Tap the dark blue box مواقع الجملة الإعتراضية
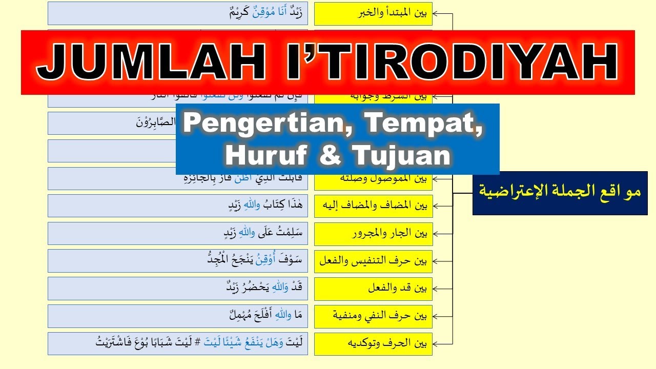point(560,193)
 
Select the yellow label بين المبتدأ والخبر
point(373,14)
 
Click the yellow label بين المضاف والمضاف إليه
point(373,206)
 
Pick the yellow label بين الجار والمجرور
point(373,234)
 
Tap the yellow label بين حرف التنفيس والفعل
point(373,261)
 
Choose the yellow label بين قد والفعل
point(373,289)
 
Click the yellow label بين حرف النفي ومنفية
point(373,316)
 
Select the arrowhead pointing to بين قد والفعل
point(436,289)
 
